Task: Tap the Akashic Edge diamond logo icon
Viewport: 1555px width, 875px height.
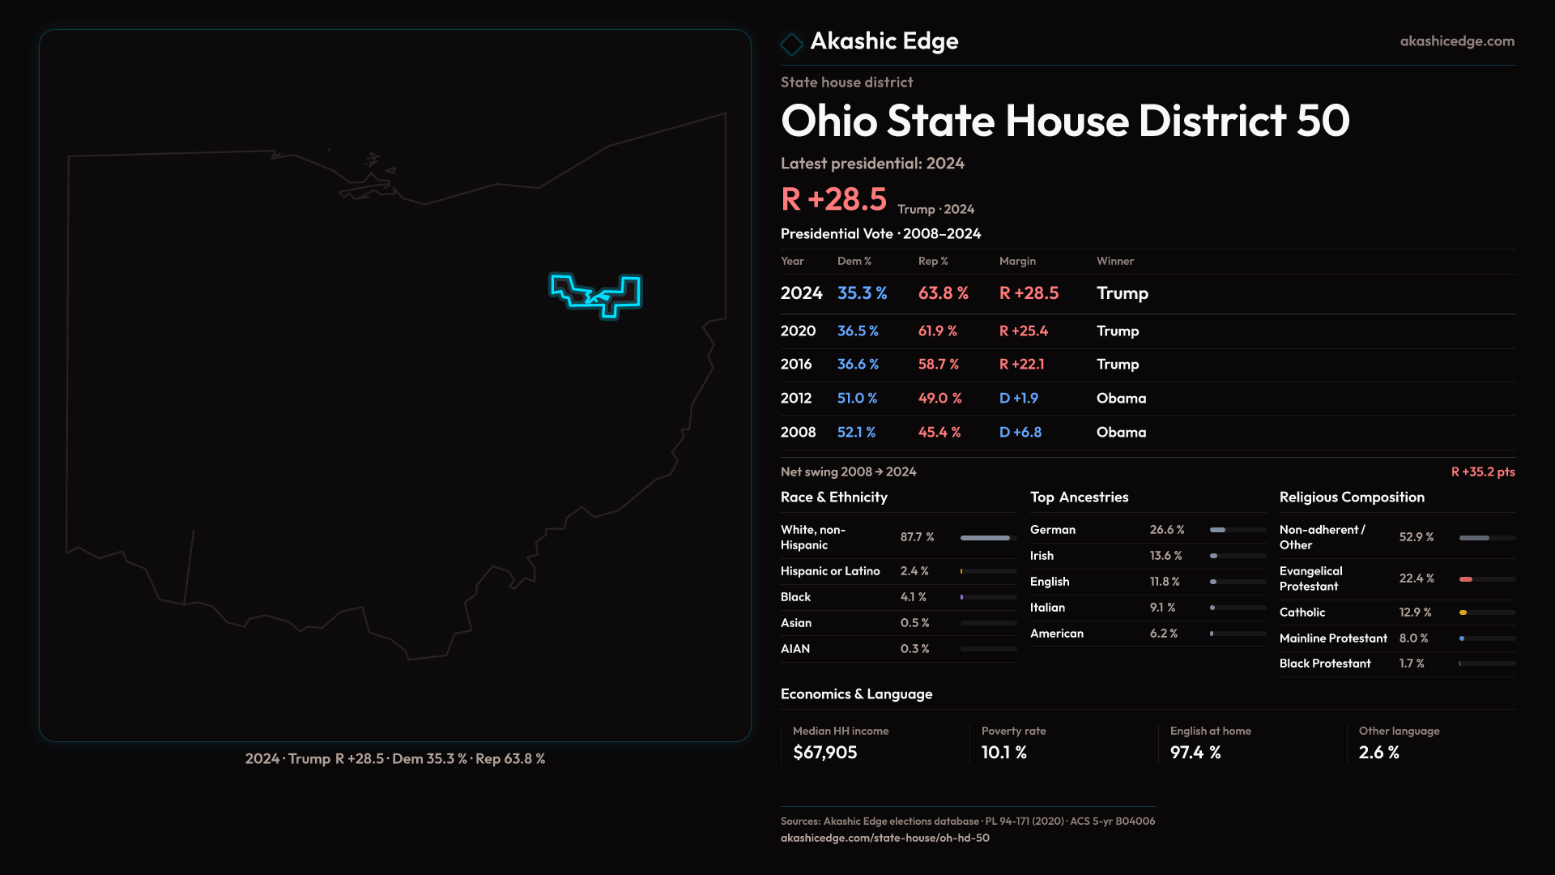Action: (791, 43)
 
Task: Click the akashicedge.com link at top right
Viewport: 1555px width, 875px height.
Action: (1457, 41)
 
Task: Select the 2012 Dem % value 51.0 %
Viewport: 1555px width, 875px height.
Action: (857, 399)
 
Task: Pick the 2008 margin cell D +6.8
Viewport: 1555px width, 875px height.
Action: (1020, 433)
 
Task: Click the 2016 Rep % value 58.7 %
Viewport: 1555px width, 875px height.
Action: (939, 365)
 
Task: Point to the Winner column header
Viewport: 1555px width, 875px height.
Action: (1115, 261)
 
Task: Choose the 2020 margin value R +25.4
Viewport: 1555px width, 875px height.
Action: (1024, 331)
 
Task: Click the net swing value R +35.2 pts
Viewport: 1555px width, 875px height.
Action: (1483, 472)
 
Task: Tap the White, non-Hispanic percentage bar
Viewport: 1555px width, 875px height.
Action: (986, 538)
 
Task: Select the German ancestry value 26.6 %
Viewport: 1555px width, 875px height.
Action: (1167, 530)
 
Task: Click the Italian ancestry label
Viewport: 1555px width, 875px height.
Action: (1048, 608)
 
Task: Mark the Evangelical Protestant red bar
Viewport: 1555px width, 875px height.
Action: (1466, 579)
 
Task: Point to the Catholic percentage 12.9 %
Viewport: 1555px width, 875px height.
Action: (1416, 612)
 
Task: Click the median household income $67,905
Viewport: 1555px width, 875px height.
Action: (825, 753)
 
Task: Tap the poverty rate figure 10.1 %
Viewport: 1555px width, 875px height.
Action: (1004, 753)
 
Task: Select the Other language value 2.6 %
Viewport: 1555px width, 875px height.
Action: (1379, 753)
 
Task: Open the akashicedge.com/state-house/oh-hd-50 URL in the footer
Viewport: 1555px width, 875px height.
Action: (885, 838)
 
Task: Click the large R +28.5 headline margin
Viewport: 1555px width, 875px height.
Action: (834, 199)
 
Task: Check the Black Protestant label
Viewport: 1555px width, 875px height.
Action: (1325, 664)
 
